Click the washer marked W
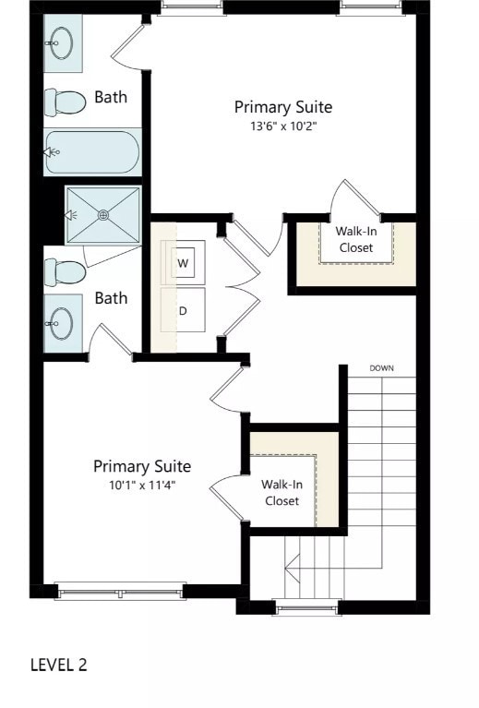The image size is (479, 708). tap(184, 263)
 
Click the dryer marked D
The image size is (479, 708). tap(183, 310)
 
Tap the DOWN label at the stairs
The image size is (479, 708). tap(382, 368)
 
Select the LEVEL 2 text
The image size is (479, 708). tap(59, 665)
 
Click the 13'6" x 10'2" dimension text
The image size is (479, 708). tap(282, 126)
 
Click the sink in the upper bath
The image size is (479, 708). tap(62, 42)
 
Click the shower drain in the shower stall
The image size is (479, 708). tap(103, 214)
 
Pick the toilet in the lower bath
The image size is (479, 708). tap(65, 271)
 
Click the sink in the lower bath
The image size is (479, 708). tap(62, 323)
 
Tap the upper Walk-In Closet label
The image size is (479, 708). tap(356, 240)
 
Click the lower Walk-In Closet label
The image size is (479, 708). tap(281, 492)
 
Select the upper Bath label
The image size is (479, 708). tap(111, 97)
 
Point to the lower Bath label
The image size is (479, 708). tap(111, 298)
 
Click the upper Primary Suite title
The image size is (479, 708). tap(282, 107)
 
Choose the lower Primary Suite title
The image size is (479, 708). tap(141, 466)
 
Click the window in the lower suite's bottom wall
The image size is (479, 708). tap(120, 589)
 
